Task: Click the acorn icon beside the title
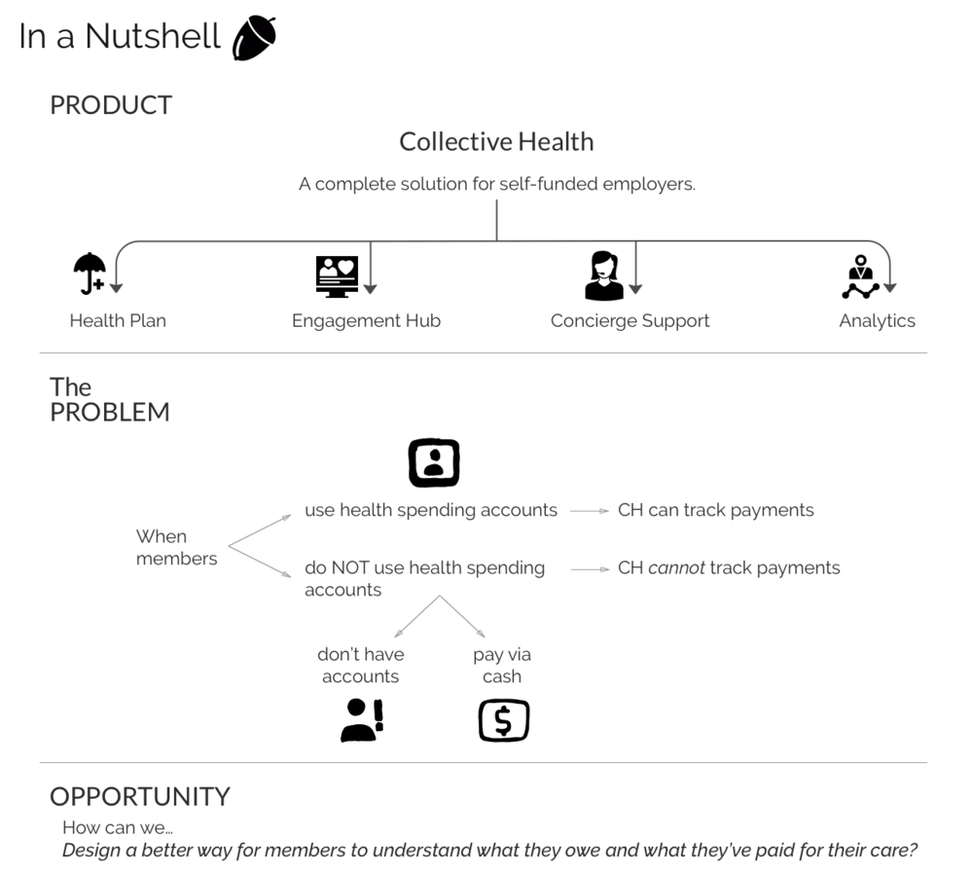pos(255,38)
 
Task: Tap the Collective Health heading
pos(496,142)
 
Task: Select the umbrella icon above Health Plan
pos(90,273)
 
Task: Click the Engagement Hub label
pos(367,321)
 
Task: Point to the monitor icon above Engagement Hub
pos(337,275)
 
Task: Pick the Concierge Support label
pos(630,321)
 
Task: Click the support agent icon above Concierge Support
pos(603,275)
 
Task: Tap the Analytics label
pos(877,321)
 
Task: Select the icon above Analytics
pos(860,276)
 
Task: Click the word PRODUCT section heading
pos(111,105)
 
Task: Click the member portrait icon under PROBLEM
pos(434,462)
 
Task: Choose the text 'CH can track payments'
pos(715,510)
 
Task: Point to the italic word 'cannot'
pos(676,568)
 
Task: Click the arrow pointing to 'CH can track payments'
pos(588,510)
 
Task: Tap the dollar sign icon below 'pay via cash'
pos(504,721)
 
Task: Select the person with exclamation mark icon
pos(362,720)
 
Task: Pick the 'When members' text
pos(176,547)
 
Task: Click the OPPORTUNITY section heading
pos(140,796)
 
